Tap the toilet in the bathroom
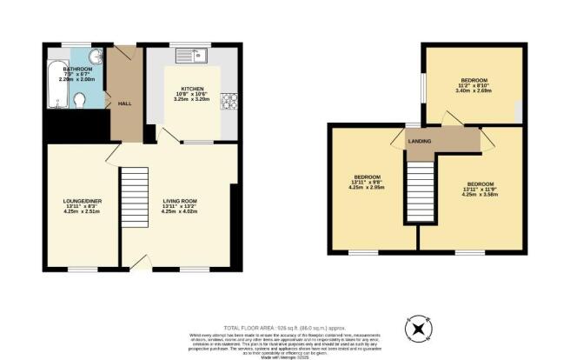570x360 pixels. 82,102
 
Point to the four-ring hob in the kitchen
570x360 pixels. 231,102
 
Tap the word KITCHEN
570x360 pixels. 192,90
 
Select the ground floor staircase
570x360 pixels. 134,196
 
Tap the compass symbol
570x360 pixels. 418,329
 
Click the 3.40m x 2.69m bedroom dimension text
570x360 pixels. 474,90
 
